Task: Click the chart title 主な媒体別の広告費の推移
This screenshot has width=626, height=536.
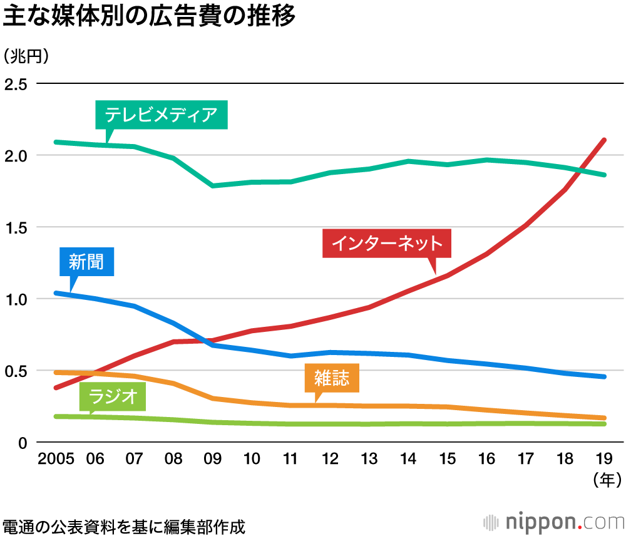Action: (148, 18)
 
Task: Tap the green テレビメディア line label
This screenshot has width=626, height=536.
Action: (161, 115)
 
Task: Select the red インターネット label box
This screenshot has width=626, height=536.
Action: (386, 244)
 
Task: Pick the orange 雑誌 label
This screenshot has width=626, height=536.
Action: (332, 378)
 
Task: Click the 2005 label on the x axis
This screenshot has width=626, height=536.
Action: (56, 460)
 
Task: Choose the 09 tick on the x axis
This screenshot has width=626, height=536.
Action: (213, 460)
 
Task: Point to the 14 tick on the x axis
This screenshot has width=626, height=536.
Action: (409, 460)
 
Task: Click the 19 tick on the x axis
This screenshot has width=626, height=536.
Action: (605, 460)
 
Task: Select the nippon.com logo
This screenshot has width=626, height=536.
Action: (554, 522)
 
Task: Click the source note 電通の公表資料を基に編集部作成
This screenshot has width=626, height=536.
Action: (123, 525)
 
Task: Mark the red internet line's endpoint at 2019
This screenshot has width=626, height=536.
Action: (604, 140)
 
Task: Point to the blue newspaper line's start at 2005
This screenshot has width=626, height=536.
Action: (56, 292)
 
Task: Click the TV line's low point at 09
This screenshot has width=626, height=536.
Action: (213, 185)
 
